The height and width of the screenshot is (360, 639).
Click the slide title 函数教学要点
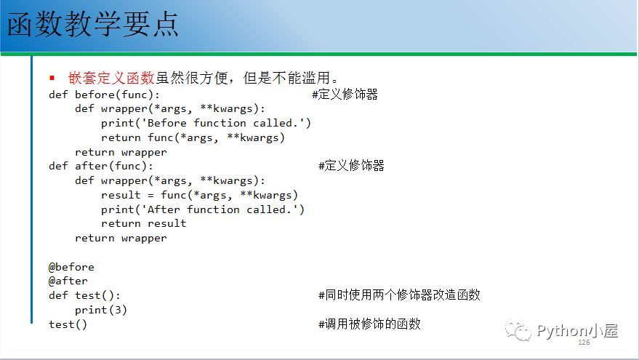coord(93,24)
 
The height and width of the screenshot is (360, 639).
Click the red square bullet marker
coord(52,78)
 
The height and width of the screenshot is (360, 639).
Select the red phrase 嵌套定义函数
coord(111,78)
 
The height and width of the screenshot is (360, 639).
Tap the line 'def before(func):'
coord(104,95)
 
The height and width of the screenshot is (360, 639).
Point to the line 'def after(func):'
coord(100,166)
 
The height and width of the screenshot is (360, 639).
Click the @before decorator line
coord(71,267)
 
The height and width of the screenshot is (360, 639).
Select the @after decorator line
coord(68,281)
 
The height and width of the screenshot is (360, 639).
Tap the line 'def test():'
coord(84,295)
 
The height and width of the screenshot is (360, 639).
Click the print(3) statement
coord(100,310)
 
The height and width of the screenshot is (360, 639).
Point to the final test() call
coord(68,324)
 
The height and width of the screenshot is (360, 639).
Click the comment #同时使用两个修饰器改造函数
coord(399,295)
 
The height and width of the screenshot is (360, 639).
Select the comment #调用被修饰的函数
coord(369,324)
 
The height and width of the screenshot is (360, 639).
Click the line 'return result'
coord(143,223)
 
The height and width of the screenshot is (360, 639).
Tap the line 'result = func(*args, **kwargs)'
coord(199,196)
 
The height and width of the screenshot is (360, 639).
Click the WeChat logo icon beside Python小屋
coord(518,331)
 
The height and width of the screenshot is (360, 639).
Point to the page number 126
coord(584,342)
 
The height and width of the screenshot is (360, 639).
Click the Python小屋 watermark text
coord(577,330)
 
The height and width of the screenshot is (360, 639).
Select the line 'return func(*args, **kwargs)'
coord(193,137)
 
